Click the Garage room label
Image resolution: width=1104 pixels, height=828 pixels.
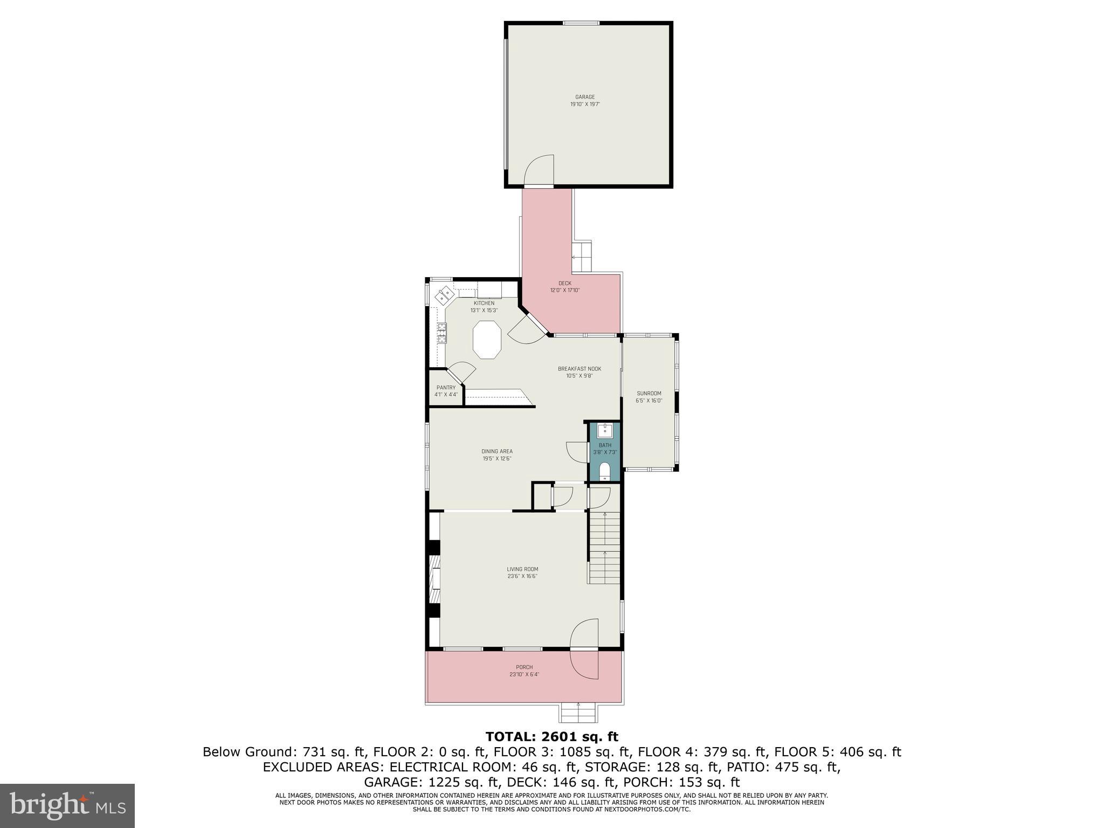tap(584, 97)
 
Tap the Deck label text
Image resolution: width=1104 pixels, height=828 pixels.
tap(564, 283)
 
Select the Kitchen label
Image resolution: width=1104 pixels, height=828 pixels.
tap(484, 303)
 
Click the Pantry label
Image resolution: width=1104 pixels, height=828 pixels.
tap(446, 388)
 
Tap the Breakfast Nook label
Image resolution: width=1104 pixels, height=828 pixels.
tap(579, 369)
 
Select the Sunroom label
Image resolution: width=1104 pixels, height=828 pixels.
tap(648, 394)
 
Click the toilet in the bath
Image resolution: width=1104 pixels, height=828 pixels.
tap(604, 471)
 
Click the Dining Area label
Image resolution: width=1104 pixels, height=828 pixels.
tap(496, 451)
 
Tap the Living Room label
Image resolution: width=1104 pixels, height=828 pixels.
tap(522, 569)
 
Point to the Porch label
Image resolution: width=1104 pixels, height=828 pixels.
tap(524, 667)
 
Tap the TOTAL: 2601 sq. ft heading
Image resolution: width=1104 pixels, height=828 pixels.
tap(551, 736)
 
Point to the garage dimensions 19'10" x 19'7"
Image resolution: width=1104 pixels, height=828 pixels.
tap(584, 104)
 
